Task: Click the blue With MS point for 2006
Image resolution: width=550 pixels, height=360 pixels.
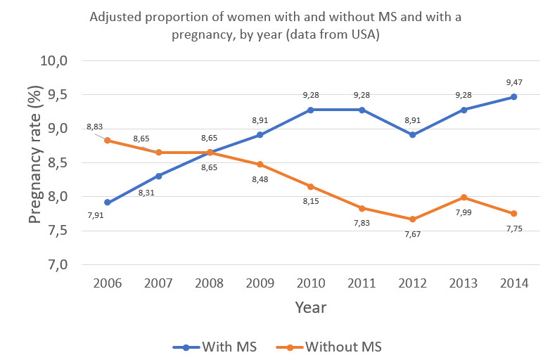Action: (107, 202)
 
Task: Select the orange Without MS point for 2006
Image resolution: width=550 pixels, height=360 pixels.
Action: (107, 140)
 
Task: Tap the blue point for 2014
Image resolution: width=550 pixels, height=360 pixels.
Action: (513, 97)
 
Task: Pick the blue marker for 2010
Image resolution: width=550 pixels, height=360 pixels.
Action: (310, 110)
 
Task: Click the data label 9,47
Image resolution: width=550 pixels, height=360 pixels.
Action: (513, 83)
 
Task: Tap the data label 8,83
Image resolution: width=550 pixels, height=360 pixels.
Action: (94, 127)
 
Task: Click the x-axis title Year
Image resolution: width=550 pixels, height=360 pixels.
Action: (310, 307)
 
